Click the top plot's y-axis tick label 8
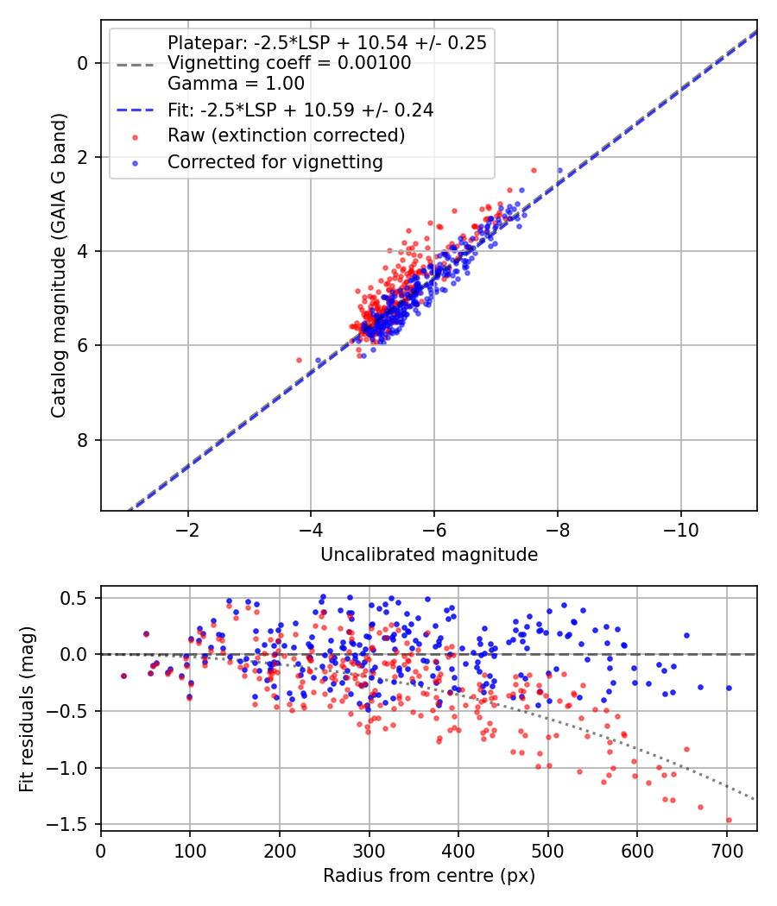82,440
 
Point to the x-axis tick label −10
680,530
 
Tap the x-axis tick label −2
187,530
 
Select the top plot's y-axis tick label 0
82,63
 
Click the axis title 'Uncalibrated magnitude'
429,555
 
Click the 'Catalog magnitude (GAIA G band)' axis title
59,265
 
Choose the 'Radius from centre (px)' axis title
429,876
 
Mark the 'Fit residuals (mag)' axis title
27,709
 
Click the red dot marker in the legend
136,137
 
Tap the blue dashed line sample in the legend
136,110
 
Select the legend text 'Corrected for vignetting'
275,162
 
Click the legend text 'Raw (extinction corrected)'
286,135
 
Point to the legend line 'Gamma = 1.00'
236,84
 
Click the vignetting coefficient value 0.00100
374,63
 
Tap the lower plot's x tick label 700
726,851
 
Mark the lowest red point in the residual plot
729,820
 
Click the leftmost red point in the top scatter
299,360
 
